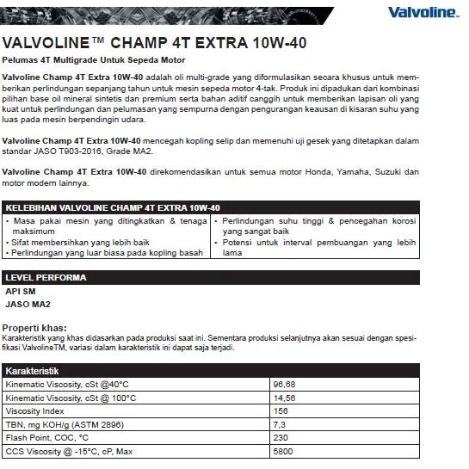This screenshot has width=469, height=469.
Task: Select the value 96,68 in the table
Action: coord(284,384)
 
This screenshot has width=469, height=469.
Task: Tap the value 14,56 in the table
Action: coord(284,398)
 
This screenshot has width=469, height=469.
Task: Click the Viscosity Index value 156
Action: coord(281,412)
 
